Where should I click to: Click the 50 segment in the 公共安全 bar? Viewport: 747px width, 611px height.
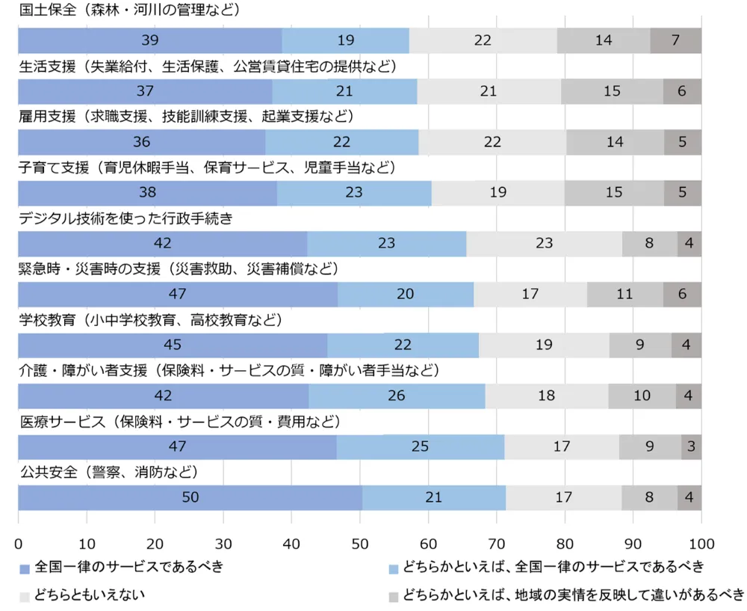(190, 497)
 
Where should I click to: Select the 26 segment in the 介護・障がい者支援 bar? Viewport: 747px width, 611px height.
(397, 396)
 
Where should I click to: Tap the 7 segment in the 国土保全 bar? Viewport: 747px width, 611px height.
(675, 40)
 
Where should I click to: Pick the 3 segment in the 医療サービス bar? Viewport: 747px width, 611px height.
(691, 446)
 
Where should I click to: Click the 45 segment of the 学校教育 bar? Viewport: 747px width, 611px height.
(173, 345)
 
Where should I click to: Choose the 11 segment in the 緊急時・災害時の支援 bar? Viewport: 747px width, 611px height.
(624, 294)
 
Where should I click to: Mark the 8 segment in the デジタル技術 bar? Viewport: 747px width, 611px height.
(650, 243)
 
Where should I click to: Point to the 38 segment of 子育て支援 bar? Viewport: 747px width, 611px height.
(147, 192)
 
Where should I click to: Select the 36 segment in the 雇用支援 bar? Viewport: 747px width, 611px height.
(141, 142)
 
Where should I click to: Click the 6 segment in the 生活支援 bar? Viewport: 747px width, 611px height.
(682, 91)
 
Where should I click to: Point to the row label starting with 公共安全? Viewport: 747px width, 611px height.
(108, 473)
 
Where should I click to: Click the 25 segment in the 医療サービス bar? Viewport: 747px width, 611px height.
(420, 446)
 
